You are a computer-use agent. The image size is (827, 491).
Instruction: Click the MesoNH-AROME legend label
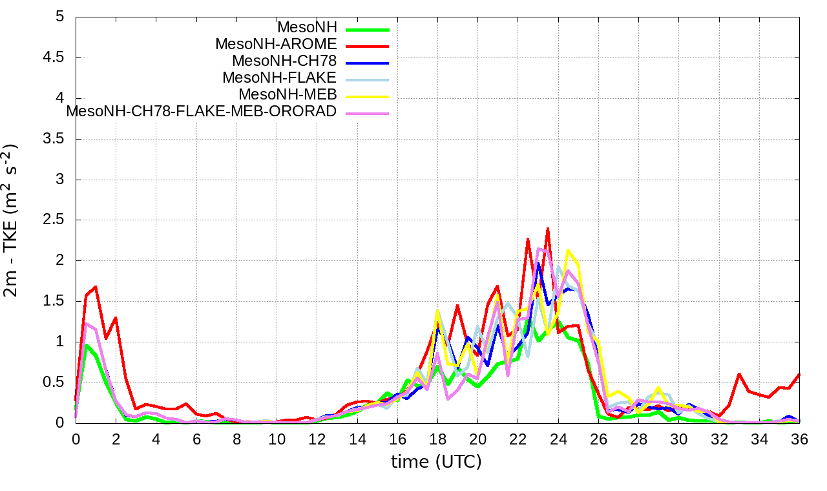(276, 45)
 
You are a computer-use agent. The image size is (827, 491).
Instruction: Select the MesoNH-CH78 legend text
(284, 61)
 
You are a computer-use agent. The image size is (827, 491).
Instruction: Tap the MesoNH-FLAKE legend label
(279, 78)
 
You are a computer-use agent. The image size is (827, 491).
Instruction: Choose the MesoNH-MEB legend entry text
(288, 95)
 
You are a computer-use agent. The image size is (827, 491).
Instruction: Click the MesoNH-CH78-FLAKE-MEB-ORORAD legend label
(202, 112)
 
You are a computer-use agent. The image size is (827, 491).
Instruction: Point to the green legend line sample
(368, 29)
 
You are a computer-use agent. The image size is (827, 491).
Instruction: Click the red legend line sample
(368, 46)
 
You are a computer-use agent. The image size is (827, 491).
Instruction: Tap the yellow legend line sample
(368, 96)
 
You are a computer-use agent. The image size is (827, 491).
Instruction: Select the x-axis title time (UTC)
(436, 462)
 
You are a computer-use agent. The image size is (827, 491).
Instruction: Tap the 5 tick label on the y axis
(60, 17)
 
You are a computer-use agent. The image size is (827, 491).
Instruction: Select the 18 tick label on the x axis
(437, 439)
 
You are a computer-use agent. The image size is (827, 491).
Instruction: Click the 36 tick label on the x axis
(799, 439)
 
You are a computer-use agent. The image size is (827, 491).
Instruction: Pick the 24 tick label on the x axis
(558, 439)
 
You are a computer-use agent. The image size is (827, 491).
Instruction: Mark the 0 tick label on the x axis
(76, 439)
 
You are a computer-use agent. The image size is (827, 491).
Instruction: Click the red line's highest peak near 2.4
(547, 228)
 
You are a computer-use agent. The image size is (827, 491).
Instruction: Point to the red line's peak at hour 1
(96, 286)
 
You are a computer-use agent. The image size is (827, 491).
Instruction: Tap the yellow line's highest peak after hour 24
(568, 250)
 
